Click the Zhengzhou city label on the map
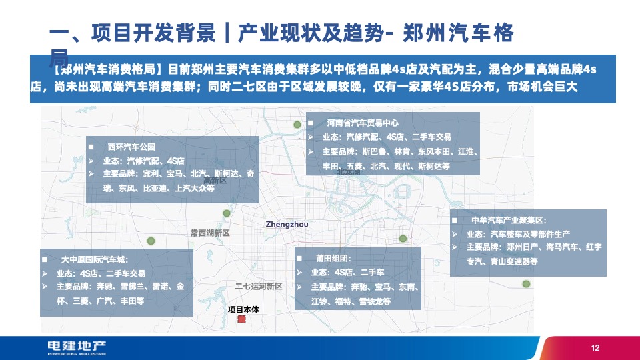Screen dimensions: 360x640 (x=287, y=225)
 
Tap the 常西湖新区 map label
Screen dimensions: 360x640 (x=209, y=233)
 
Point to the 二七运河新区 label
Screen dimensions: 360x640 (x=259, y=287)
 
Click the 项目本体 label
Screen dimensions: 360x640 (x=242, y=309)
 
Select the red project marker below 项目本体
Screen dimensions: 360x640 (x=242, y=319)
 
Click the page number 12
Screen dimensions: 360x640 (x=595, y=348)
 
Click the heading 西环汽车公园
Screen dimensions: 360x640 (x=131, y=146)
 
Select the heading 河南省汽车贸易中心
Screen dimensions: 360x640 (x=362, y=123)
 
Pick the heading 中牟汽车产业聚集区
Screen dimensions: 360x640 (x=508, y=219)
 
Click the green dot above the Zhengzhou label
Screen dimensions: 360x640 (x=227, y=213)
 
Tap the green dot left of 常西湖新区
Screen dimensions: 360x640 (x=151, y=241)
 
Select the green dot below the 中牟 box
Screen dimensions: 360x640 (x=526, y=284)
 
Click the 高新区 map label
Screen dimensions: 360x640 (x=215, y=181)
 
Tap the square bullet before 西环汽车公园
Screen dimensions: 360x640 (x=92, y=147)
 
